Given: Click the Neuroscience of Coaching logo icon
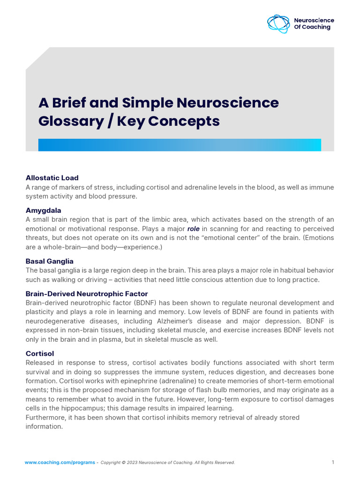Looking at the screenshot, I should click(278, 23).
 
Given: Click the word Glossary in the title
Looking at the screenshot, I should click(70, 121).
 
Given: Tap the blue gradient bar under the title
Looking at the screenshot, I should click(180, 145).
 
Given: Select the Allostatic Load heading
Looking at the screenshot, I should click(52, 178).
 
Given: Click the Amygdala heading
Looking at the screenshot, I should click(43, 210).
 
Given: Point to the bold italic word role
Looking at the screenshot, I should click(193, 229).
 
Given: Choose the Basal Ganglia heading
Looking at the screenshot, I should click(49, 261).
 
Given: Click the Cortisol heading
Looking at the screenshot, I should click(40, 353).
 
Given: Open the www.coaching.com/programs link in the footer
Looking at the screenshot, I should click(60, 463).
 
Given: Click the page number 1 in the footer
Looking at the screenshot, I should click(333, 462).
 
